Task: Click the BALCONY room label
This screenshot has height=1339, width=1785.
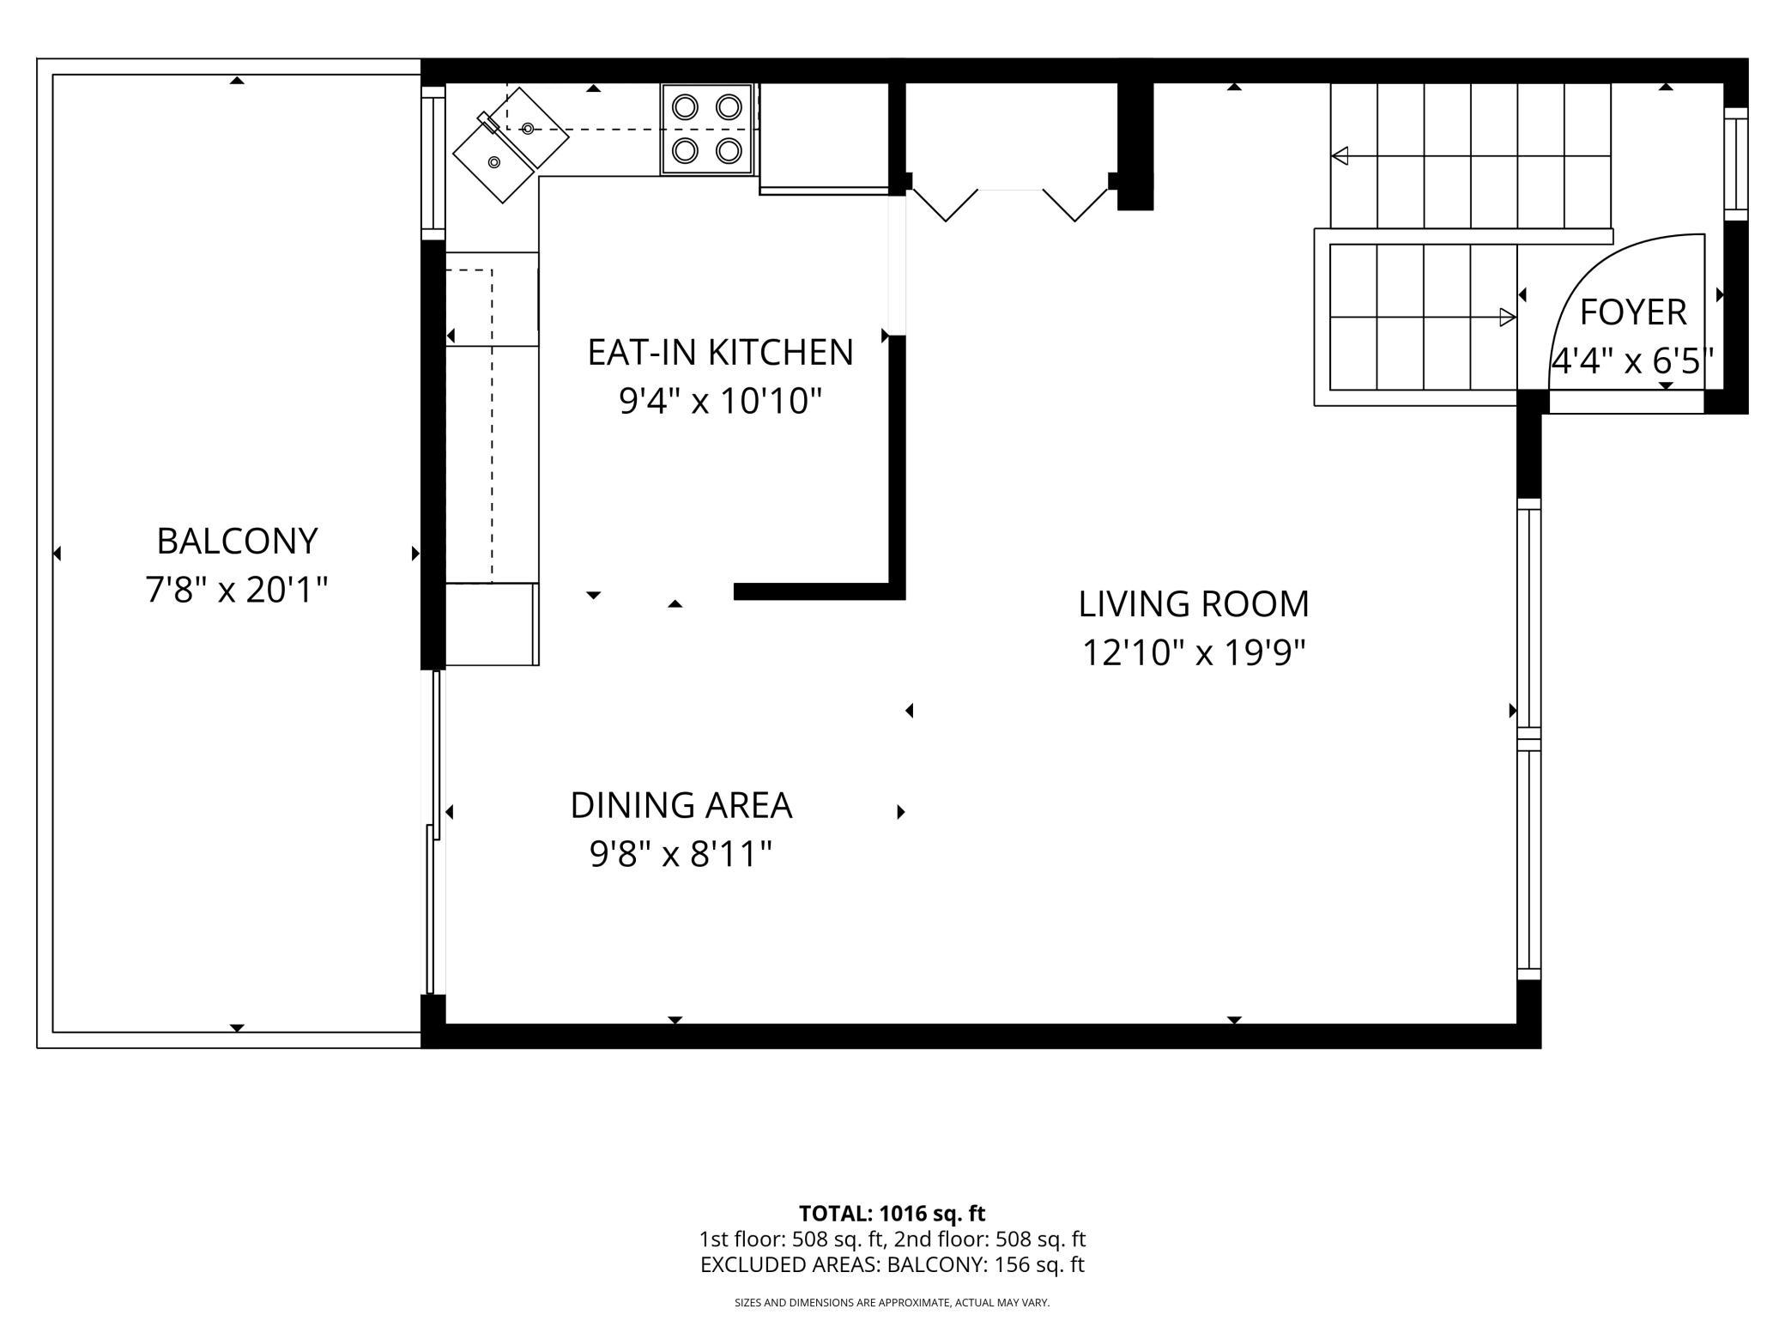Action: click(238, 541)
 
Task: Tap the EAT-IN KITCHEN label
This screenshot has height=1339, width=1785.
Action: click(720, 352)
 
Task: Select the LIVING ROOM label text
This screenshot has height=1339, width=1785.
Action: click(1194, 603)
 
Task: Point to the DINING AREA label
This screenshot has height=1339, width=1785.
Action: click(681, 805)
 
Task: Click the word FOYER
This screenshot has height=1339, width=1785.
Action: click(1633, 312)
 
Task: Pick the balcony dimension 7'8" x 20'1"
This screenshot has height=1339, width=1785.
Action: click(237, 590)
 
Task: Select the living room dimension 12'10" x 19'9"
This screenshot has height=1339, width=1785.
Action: click(1194, 652)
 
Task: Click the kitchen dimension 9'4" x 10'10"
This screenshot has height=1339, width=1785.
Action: click(721, 401)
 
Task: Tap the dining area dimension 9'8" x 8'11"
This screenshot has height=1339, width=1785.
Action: click(681, 854)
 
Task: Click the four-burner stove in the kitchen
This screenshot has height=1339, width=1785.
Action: click(706, 130)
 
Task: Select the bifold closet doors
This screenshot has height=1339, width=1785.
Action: click(1010, 203)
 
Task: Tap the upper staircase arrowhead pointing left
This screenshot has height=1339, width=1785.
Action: click(1340, 156)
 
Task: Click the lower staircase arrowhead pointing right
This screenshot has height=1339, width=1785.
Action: click(1508, 318)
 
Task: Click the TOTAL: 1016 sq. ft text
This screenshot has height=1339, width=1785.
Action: click(892, 1214)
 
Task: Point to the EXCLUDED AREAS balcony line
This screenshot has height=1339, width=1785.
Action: click(892, 1264)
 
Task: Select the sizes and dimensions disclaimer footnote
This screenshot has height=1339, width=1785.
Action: click(892, 1303)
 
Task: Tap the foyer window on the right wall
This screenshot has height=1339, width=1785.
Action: click(1736, 164)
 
